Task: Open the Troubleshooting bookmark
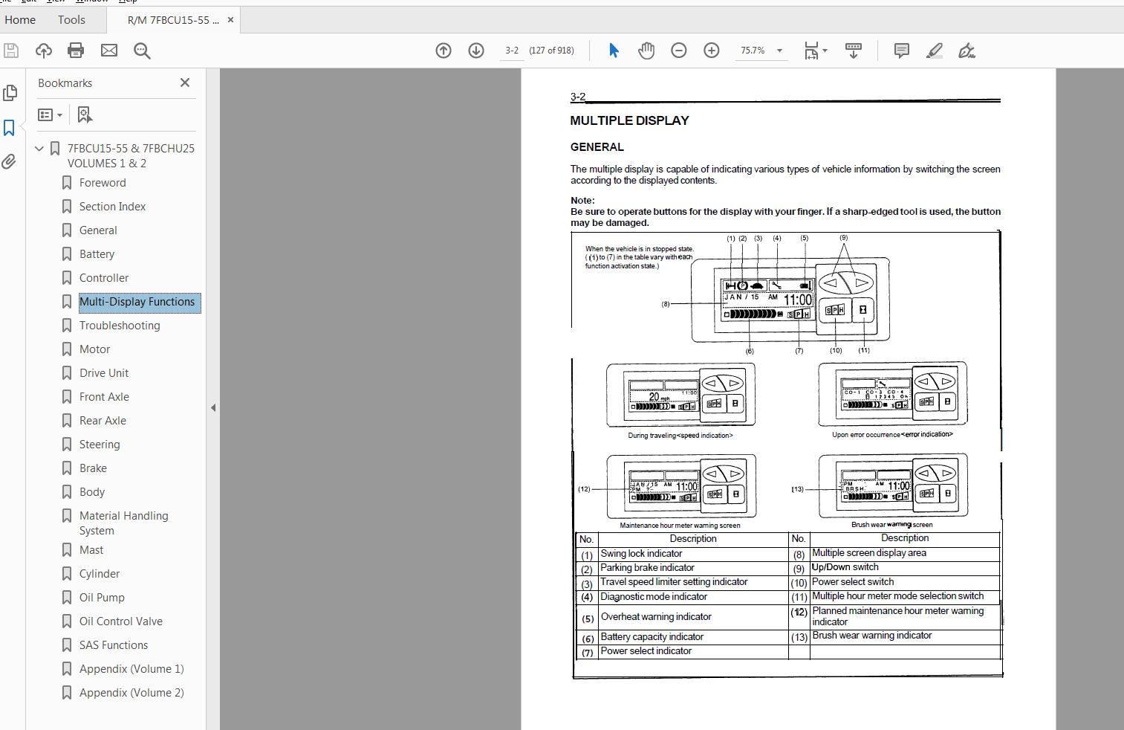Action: coord(119,326)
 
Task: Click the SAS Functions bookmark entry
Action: coord(113,645)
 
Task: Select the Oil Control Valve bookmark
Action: coord(120,621)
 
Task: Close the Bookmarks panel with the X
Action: coord(185,83)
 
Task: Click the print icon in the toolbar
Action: coord(76,51)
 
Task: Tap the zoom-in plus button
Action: coord(712,51)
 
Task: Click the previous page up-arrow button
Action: coord(444,51)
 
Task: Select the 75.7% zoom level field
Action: coord(753,51)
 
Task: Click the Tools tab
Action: coord(71,20)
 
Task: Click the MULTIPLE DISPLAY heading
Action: coord(629,120)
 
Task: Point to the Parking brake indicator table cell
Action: coord(647,568)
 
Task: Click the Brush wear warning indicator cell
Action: coord(871,636)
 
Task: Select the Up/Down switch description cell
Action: coord(845,567)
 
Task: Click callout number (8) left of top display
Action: coord(666,304)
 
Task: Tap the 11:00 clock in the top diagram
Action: coord(798,300)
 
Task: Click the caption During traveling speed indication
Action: coord(680,436)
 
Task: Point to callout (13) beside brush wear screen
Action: coord(797,489)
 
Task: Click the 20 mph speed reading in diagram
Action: coord(654,397)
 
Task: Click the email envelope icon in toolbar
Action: coord(109,51)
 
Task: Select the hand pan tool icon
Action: coord(646,51)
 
